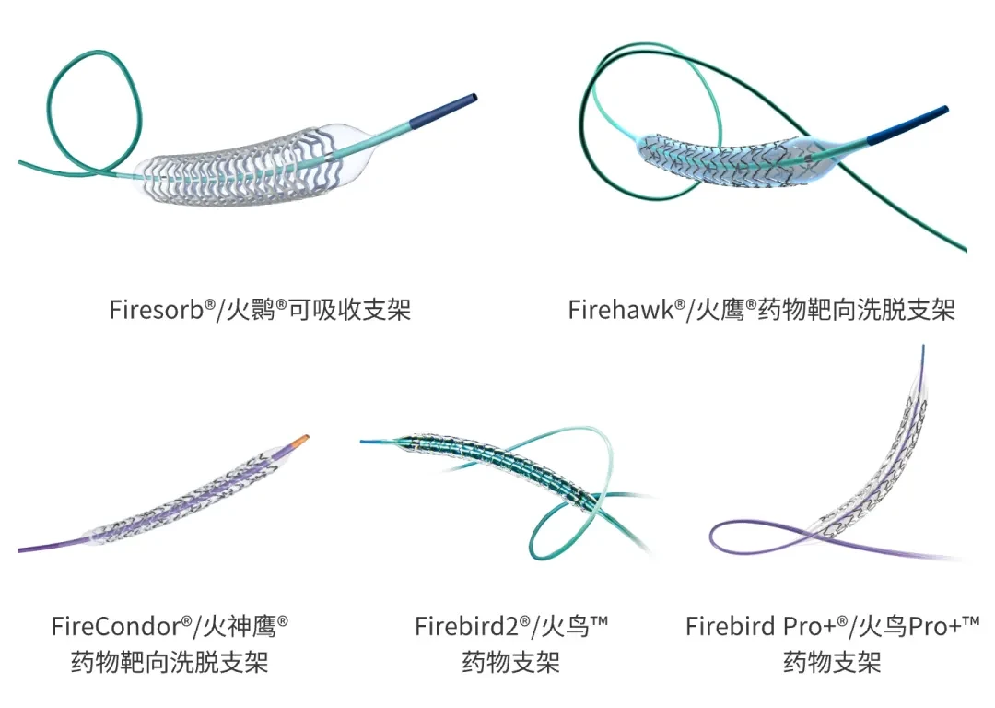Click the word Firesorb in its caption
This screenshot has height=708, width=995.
[x=157, y=311]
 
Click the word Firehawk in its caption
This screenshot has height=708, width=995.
[x=621, y=311]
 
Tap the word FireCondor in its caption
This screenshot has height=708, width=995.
[x=116, y=627]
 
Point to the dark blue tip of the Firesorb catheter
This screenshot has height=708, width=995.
[x=443, y=110]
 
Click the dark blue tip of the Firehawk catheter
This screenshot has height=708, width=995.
[x=907, y=124]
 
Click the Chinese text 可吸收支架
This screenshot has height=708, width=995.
[x=350, y=311]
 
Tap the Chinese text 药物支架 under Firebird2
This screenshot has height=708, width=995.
[x=510, y=662]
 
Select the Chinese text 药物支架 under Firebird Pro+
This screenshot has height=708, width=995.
[x=832, y=662]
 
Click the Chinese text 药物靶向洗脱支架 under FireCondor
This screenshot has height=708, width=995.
[x=170, y=662]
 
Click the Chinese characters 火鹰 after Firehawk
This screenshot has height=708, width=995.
[x=720, y=311]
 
